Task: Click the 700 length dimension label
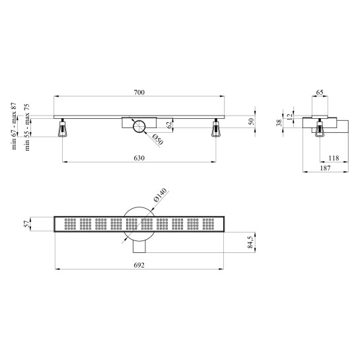(139, 92)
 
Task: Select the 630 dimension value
(139, 158)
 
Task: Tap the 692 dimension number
(139, 265)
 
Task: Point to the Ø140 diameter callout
(160, 195)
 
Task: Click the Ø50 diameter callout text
(158, 139)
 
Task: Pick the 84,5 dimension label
(250, 242)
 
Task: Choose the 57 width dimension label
(26, 224)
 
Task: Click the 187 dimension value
(326, 168)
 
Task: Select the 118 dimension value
(334, 158)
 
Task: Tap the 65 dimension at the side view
(320, 92)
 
